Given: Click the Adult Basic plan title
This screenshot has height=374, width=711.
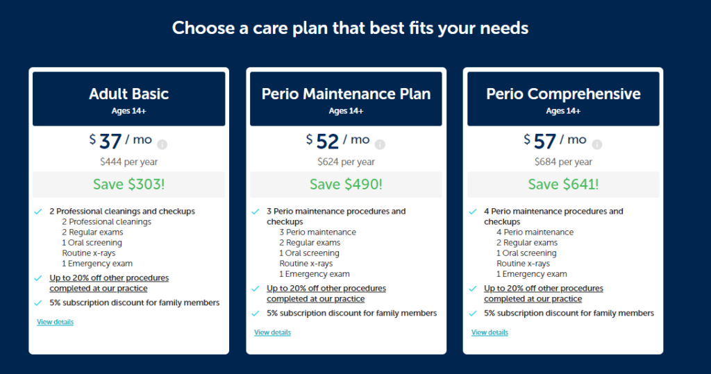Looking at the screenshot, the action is coord(128,94).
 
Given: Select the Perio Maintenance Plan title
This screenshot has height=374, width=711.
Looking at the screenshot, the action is coord(346,94).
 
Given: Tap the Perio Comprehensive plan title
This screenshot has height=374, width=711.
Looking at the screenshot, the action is coord(563,94).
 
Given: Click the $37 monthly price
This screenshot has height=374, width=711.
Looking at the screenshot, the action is coord(121,141).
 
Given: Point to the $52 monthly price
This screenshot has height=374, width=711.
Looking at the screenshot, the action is coord(338,141).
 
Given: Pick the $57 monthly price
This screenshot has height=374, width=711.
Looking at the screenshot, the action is coord(555,141).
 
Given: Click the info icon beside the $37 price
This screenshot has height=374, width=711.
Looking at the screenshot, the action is coord(162,144).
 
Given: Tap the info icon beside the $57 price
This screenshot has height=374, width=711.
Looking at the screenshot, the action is coord(596,144).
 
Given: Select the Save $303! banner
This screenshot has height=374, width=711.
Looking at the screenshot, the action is coord(128,185).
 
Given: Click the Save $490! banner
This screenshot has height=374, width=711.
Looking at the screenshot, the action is coord(346,185).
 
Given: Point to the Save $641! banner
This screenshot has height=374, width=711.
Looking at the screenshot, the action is coord(563,185).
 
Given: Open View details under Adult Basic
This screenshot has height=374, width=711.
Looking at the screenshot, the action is coord(56,322).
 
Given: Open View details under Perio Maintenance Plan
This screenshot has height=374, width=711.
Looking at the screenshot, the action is coord(272,332).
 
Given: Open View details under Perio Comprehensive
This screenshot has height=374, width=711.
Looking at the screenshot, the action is coord(490,332).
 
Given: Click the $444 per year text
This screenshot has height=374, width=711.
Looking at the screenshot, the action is coord(128,162).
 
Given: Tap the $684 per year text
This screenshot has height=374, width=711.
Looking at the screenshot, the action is coord(563,162).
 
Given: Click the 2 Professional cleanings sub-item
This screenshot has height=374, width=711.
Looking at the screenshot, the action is coord(106,221).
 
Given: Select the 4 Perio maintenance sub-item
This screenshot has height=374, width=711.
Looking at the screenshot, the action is coord(535,232).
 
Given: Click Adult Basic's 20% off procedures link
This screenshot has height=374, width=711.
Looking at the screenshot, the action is coord(109,283).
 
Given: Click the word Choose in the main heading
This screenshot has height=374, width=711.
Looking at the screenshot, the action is coord(203,28).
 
